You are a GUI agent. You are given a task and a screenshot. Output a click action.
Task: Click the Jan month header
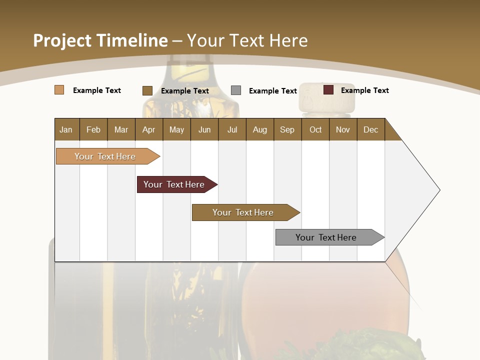coord(66,129)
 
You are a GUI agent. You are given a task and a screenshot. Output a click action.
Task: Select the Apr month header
coord(149,129)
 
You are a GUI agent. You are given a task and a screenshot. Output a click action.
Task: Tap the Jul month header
coord(232,129)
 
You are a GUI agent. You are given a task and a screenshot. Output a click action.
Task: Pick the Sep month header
coord(287,129)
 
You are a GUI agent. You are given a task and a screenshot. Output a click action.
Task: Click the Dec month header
coord(370,129)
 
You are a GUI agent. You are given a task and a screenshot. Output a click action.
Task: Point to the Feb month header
coord(93,129)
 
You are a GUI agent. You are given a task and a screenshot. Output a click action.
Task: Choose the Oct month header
coord(315,129)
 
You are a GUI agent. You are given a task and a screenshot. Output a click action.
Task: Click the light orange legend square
coord(59,90)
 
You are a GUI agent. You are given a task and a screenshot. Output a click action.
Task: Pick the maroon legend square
coord(328,90)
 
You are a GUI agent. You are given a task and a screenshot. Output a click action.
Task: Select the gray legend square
coord(236,90)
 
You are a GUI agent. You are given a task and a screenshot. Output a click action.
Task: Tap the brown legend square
coord(147,90)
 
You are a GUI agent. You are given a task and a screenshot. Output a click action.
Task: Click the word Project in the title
coord(63,40)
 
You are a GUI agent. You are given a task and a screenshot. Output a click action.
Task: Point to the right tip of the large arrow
coord(438,190)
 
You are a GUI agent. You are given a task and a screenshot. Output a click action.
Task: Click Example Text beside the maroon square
coord(364,90)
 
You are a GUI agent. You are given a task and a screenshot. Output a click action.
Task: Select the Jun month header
coord(204,129)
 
